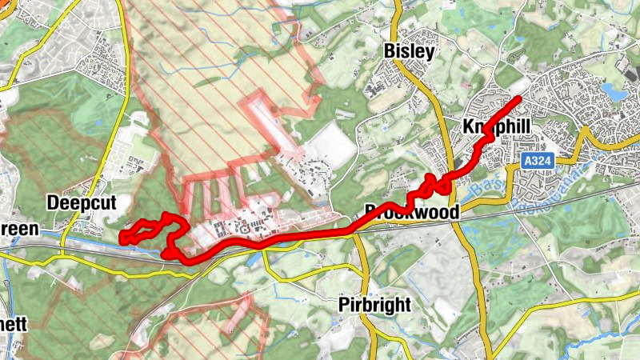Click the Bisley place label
409,52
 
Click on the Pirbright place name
375,305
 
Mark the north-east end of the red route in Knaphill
520,98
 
